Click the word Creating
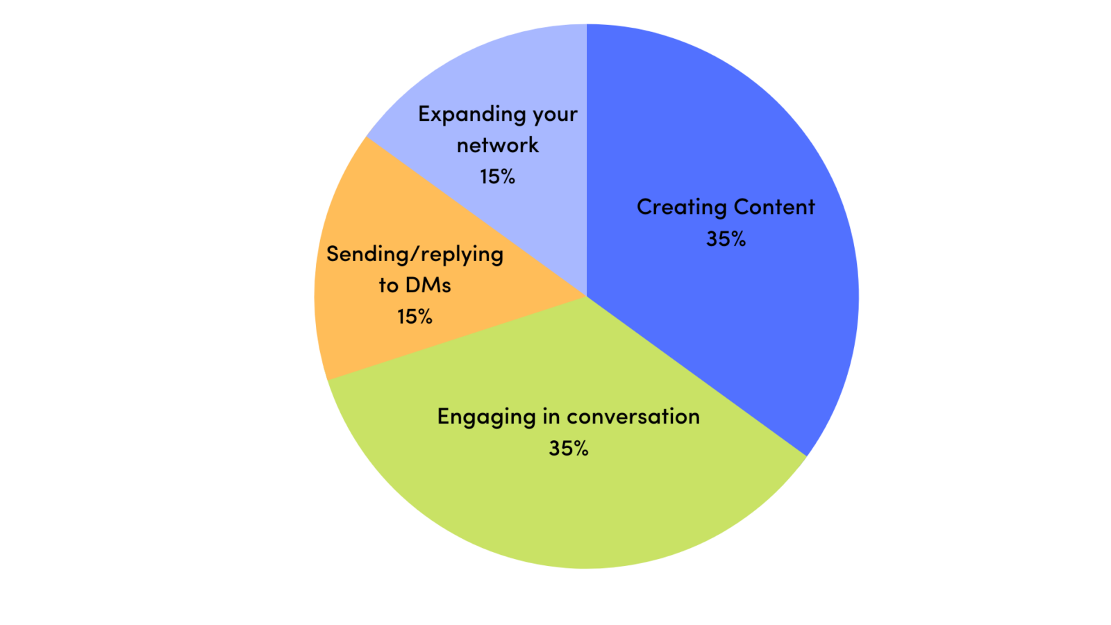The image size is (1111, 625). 681,207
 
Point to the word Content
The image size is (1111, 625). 774,207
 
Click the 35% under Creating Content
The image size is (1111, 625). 726,239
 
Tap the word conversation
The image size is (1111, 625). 633,417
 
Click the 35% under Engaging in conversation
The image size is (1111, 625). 568,449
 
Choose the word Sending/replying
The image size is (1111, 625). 415,255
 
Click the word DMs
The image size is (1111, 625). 428,285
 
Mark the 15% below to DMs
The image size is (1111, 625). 415,317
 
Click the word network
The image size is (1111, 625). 497,145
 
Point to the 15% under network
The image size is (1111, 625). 497,176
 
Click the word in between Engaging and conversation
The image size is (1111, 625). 551,416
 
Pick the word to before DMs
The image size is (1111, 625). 388,285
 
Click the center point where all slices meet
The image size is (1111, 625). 587,297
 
